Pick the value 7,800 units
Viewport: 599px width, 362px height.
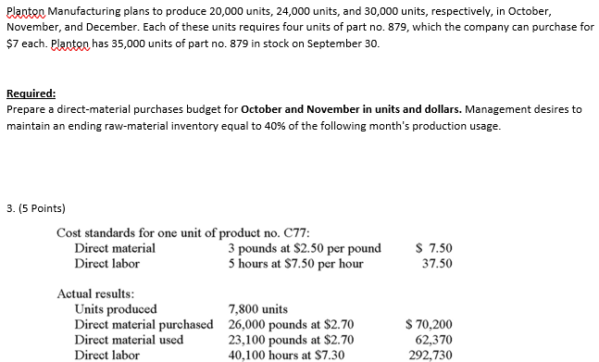click(258, 309)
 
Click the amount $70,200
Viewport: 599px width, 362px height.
click(430, 324)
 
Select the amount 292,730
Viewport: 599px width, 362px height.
click(430, 354)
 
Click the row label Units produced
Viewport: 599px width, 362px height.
click(115, 309)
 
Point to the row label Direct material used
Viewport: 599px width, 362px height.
click(129, 339)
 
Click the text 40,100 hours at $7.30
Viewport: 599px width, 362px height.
click(291, 354)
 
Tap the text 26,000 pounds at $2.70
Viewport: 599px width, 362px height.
click(291, 324)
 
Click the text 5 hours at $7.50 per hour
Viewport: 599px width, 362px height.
click(296, 263)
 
